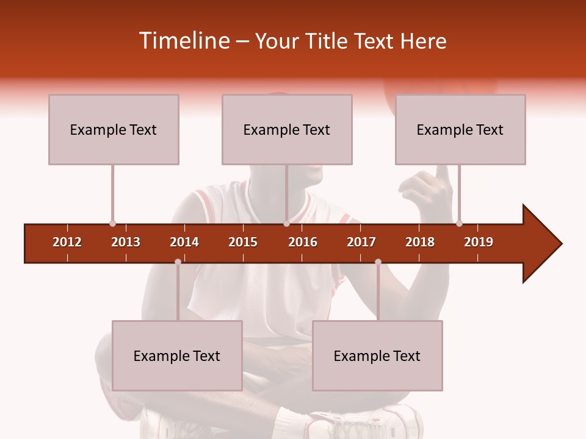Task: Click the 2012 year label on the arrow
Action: pos(67,242)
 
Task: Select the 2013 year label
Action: pos(126,242)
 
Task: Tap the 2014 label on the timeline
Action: pos(184,242)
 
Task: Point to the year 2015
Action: pos(243,242)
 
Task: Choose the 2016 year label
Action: pos(303,242)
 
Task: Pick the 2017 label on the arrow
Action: pos(361,242)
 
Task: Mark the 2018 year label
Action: pos(420,242)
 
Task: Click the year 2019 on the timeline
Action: pos(479,242)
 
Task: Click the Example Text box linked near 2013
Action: pos(114,129)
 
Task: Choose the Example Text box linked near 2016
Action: pos(287,129)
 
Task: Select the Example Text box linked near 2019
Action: pos(460,129)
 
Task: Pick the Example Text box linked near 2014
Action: pos(177,355)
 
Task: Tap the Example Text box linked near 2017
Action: pos(377,355)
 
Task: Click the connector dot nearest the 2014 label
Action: pos(178,262)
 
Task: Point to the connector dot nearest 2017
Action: pos(378,262)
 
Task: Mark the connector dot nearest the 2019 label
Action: pos(459,223)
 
